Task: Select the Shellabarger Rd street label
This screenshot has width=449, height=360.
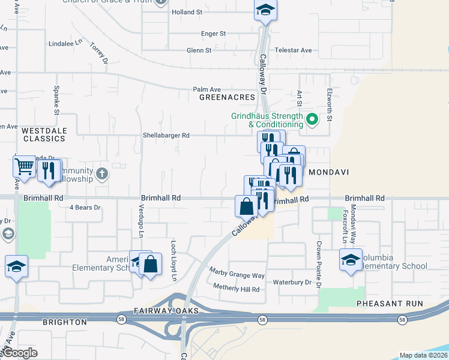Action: coord(166,136)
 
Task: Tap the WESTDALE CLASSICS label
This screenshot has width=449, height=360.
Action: coord(44,134)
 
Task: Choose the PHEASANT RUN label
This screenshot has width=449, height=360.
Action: coord(390,304)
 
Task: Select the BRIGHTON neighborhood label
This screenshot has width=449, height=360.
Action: coord(65,322)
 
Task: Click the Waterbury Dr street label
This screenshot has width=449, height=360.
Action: coord(292,282)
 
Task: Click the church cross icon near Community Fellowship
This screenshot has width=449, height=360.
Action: coord(103,174)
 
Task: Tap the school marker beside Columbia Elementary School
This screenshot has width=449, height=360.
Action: coord(351,260)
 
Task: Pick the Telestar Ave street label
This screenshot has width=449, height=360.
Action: coord(293,50)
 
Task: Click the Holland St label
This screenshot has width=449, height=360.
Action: coord(187,12)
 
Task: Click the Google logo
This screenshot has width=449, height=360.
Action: coord(21,353)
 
